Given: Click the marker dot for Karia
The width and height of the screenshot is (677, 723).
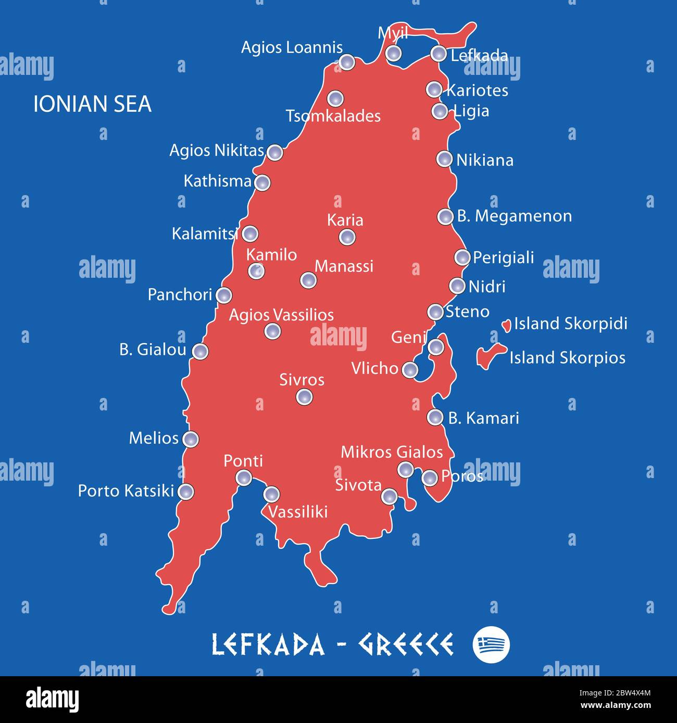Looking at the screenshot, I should [x=347, y=237].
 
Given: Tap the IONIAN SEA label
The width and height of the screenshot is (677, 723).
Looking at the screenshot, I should [x=92, y=104].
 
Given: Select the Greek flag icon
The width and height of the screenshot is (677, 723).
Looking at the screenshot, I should [x=491, y=644].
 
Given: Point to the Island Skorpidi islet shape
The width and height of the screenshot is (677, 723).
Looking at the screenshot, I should [x=506, y=326].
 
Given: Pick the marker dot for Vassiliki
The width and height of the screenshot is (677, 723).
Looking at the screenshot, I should [x=271, y=494].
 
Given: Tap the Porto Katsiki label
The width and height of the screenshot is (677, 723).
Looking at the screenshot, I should [x=126, y=490].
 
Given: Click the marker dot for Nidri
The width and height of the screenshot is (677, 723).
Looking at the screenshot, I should [x=457, y=286].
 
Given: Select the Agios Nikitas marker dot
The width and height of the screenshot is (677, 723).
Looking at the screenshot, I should [x=274, y=152].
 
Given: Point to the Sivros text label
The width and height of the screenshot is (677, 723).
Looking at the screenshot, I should [x=302, y=380].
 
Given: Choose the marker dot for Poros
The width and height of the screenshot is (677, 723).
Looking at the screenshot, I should [x=430, y=477].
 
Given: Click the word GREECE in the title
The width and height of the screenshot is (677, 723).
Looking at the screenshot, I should [x=405, y=644].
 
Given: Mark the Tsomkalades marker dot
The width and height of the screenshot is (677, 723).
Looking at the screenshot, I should [x=335, y=98].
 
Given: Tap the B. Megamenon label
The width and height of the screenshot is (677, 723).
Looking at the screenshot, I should [x=514, y=216].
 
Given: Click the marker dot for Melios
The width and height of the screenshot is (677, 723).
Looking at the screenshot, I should [x=191, y=439].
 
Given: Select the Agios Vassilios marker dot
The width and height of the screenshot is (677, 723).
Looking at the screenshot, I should [x=272, y=330].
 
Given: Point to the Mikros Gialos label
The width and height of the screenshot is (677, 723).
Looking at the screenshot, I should [x=392, y=452].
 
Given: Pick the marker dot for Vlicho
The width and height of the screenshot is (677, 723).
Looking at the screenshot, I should [x=410, y=369].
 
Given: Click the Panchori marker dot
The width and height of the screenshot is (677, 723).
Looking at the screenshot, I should [x=224, y=295].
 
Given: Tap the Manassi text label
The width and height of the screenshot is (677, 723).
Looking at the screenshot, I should [x=344, y=266].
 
